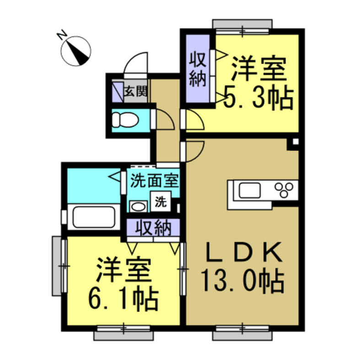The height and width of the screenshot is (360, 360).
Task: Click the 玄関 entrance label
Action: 135,92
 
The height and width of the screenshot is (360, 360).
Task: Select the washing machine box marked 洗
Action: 160,201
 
